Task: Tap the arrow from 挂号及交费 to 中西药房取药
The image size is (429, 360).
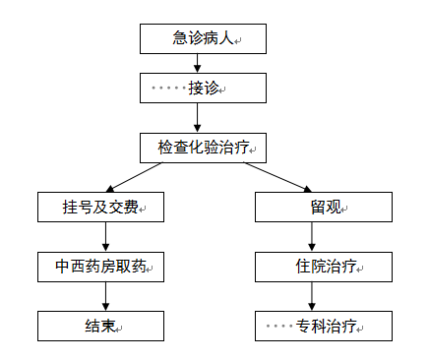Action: pyautogui.click(x=106, y=237)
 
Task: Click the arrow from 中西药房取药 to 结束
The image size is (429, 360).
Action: pyautogui.click(x=106, y=296)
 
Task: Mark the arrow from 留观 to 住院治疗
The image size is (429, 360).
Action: pyautogui.click(x=312, y=237)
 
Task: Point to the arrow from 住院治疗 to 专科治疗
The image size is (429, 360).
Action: pyautogui.click(x=312, y=296)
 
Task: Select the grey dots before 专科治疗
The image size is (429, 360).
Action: pyautogui.click(x=278, y=326)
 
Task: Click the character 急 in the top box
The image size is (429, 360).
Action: pyautogui.click(x=179, y=38)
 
